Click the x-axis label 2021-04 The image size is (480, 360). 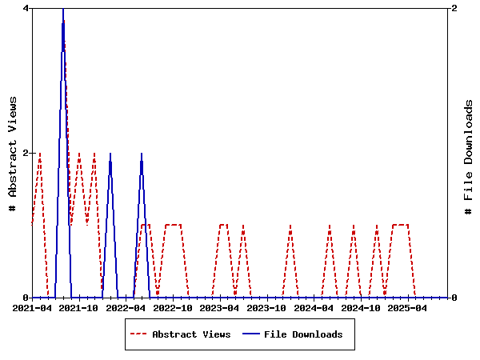tap(32, 308)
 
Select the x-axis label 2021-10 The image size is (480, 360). tap(78, 308)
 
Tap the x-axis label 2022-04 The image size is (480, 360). tap(126, 308)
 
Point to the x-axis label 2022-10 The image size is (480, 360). tap(173, 308)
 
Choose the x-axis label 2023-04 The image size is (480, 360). tap(220, 308)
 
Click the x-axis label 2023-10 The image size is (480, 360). tap(267, 308)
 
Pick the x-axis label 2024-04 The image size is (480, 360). tap(314, 308)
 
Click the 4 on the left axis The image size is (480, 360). tap(26, 8)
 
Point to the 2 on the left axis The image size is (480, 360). tap(26, 153)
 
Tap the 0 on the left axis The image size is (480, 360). tap(26, 298)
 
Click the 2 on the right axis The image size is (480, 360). tap(454, 8)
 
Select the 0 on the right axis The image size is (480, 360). tap(454, 298)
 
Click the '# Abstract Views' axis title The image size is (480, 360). tap(12, 153)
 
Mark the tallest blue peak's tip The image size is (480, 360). tap(62, 10)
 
